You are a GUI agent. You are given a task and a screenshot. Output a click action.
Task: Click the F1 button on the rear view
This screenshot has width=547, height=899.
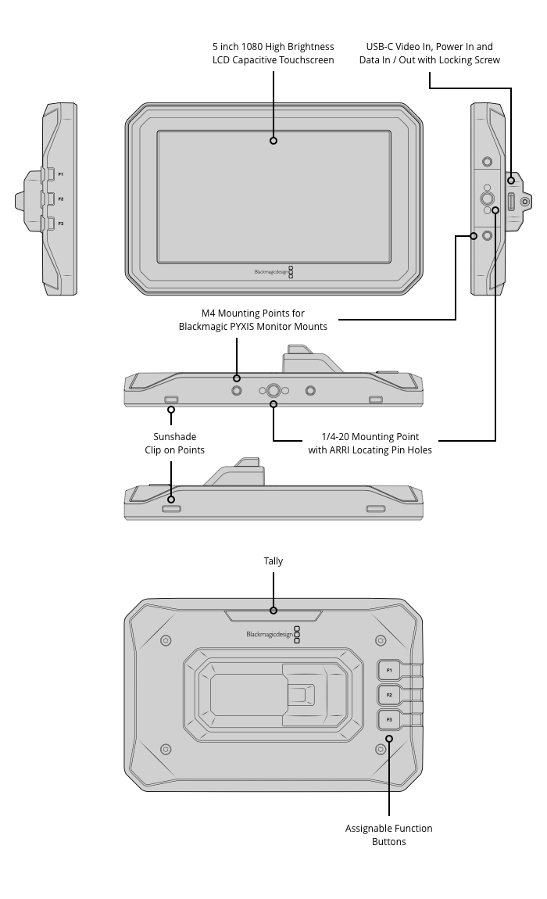coord(389,670)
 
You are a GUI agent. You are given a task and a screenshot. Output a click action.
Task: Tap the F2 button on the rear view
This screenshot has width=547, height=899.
coord(389,695)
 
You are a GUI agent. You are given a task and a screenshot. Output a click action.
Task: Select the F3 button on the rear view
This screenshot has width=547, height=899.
coord(389,719)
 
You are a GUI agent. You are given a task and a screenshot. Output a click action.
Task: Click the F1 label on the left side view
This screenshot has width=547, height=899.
coord(61,174)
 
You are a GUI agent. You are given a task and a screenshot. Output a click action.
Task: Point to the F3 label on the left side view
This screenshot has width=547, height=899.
coord(61,224)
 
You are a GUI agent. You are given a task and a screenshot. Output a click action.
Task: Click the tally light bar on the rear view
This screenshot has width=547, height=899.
coord(273,616)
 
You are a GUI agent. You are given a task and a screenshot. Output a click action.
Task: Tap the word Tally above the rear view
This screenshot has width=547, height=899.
coord(273,561)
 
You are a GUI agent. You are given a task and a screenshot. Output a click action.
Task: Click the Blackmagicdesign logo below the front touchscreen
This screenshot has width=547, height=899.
coord(274,272)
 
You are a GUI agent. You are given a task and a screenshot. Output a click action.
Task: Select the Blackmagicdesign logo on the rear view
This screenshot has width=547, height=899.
coord(273,634)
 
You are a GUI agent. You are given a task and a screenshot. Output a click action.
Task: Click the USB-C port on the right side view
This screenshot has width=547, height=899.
coord(511,202)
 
